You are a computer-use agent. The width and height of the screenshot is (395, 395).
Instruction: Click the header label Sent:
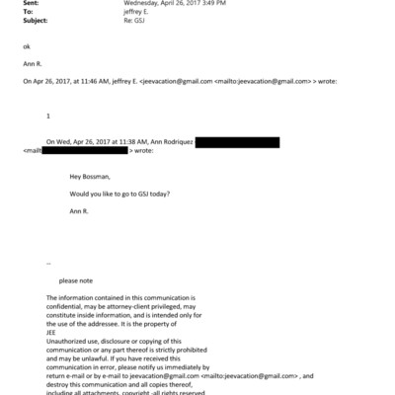[30, 3]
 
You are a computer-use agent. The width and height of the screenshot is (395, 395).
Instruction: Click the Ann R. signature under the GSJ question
[79, 211]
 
